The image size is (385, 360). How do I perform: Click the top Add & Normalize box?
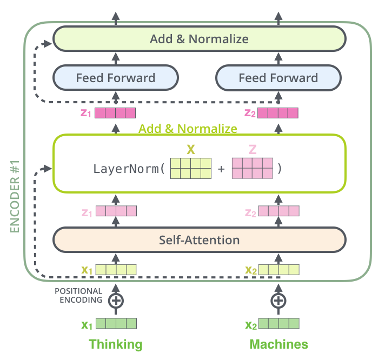pos(199,39)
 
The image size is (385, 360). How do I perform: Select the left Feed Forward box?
pos(115,78)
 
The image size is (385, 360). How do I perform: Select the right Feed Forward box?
pos(278,78)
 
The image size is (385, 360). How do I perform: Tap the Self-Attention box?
pos(199,239)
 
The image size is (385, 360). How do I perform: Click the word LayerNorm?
pos(128,168)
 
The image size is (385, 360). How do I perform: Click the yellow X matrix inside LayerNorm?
pos(190,168)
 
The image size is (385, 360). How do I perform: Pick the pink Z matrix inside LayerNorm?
pos(251,168)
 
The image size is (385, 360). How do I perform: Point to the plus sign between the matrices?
pos(221,169)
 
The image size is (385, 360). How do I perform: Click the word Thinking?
pos(115,344)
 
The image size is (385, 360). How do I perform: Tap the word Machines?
pos(278,344)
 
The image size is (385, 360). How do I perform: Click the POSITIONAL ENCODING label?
pos(78,296)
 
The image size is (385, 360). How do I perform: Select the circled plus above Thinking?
pos(115,300)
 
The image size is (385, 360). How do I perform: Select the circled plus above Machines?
pos(278,300)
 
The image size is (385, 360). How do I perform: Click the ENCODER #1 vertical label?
pos(15,196)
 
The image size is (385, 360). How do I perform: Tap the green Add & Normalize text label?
pos(188,129)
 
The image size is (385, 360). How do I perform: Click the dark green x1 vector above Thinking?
pos(116,324)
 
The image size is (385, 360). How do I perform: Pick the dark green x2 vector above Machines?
pos(278,324)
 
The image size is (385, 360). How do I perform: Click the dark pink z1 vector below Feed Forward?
pos(115,113)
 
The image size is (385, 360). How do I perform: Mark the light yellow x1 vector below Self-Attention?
pos(116,269)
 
